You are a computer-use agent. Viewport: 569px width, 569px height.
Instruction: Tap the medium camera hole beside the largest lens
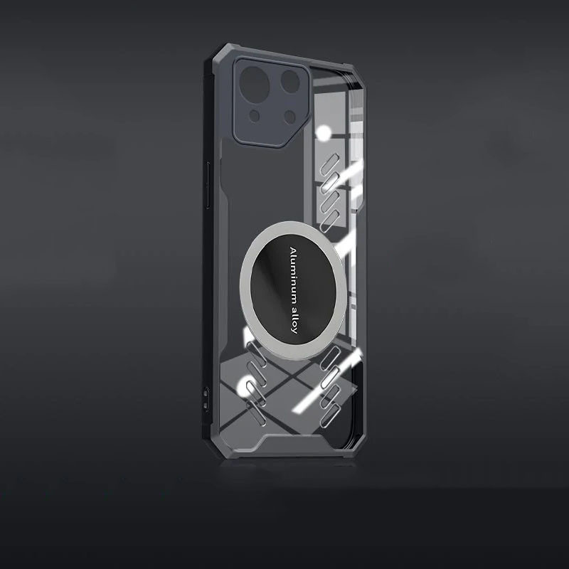pyautogui.click(x=290, y=82)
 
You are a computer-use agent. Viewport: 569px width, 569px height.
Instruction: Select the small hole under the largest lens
pyautogui.click(x=255, y=116)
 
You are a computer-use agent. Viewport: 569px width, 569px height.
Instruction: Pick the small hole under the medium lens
pyautogui.click(x=289, y=117)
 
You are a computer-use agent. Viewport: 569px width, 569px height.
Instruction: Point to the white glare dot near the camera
pyautogui.click(x=324, y=133)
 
